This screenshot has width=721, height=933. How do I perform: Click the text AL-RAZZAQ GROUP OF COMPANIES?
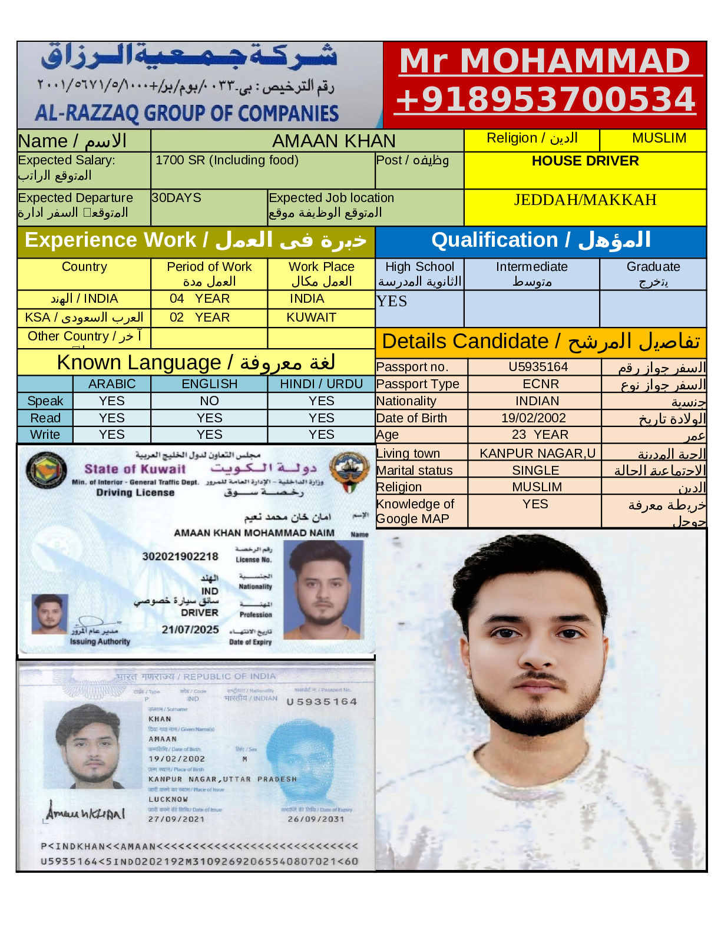tap(187, 113)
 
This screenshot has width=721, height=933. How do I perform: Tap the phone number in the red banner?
tap(545, 99)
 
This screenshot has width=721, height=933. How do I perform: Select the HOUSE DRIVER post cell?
tap(585, 161)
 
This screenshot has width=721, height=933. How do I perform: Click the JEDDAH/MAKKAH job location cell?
tap(585, 200)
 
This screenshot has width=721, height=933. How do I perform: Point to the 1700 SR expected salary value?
tap(227, 160)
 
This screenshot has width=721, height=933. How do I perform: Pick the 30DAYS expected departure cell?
tap(176, 198)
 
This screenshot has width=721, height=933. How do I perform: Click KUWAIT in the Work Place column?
tap(311, 317)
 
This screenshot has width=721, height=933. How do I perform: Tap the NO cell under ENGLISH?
tap(209, 401)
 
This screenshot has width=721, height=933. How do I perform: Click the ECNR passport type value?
tap(540, 384)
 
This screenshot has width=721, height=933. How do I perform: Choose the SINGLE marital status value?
tap(535, 471)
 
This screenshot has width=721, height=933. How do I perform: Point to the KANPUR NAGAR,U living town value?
tap(537, 454)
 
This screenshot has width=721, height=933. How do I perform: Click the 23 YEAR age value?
tap(540, 435)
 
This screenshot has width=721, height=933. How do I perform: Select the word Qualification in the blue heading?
tap(494, 240)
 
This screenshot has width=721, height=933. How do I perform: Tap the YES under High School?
tap(392, 302)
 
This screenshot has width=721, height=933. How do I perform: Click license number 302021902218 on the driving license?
tap(180, 557)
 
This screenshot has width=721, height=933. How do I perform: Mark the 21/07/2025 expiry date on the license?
tap(190, 630)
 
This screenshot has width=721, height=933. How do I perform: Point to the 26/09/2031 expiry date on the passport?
tap(316, 819)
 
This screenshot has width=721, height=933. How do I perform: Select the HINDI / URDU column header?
tap(321, 384)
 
